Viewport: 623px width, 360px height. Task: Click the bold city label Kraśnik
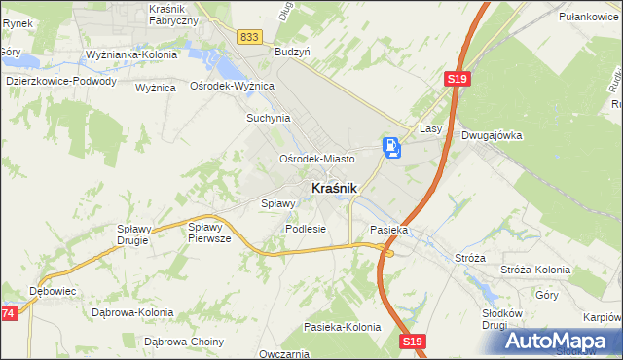pos(334,188)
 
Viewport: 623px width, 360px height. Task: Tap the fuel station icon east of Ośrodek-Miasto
pos(390,148)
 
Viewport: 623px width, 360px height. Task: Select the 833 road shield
pos(248,36)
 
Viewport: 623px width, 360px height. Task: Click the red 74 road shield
pos(8,313)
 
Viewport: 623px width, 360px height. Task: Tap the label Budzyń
pos(292,51)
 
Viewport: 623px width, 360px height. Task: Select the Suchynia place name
pos(269,118)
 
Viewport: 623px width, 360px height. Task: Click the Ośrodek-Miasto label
pos(316,158)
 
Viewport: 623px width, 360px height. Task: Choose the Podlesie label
pos(305,229)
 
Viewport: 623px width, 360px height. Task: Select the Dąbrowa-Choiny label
pos(184,342)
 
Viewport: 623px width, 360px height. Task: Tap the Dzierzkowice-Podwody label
pos(60,82)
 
